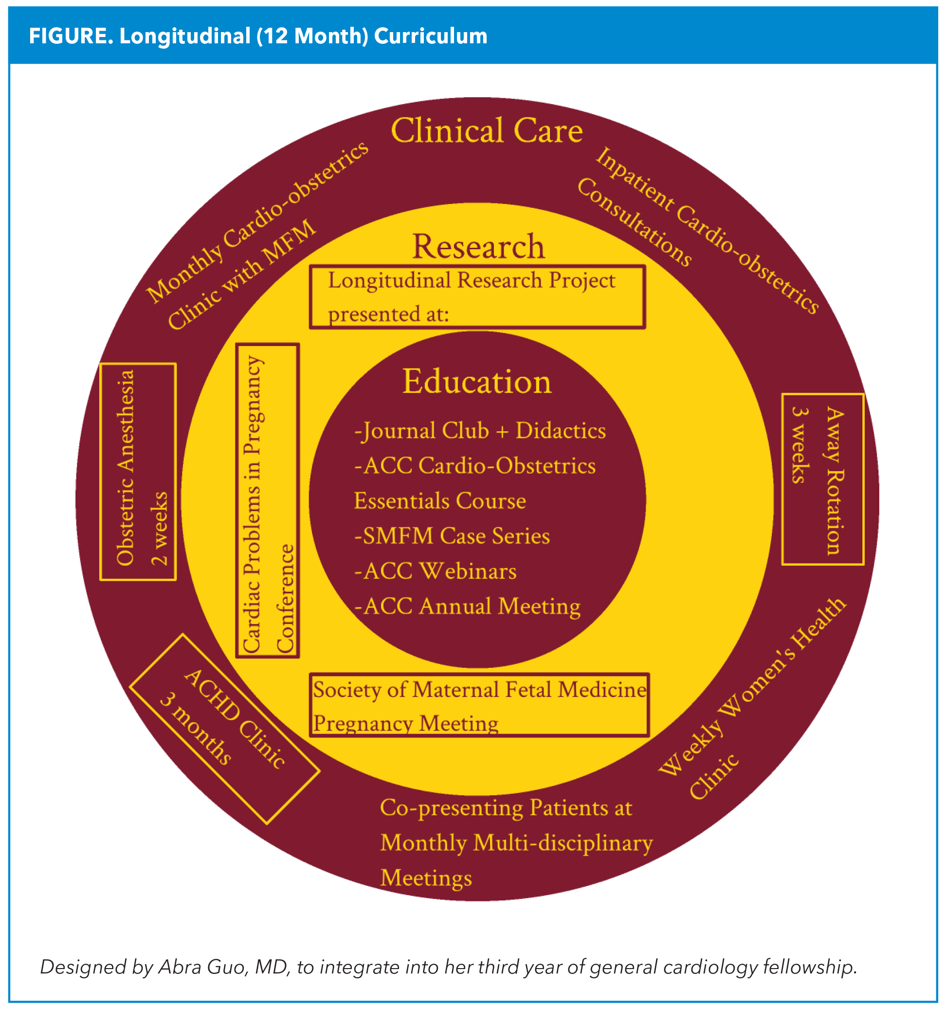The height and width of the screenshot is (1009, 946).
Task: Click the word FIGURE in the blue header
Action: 71,37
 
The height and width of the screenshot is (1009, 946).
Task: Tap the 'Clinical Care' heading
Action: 486,131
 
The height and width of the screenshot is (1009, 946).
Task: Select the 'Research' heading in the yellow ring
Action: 478,247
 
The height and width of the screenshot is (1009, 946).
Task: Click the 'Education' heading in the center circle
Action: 476,382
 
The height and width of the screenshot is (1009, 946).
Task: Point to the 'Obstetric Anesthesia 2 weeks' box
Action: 138,472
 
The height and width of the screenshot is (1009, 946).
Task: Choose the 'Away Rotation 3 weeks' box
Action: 822,479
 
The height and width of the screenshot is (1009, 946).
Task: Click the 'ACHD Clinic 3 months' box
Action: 224,728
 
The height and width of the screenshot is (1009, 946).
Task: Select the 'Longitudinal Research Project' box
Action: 477,297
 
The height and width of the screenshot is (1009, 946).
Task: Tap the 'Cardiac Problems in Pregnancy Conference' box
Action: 268,500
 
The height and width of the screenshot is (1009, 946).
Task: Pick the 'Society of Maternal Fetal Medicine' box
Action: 479,705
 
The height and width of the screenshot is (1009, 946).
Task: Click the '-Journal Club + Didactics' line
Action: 480,431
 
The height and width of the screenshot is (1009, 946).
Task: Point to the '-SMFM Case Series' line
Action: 452,536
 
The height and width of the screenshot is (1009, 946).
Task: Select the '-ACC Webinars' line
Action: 435,571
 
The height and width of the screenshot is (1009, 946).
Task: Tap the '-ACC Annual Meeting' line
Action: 467,606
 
